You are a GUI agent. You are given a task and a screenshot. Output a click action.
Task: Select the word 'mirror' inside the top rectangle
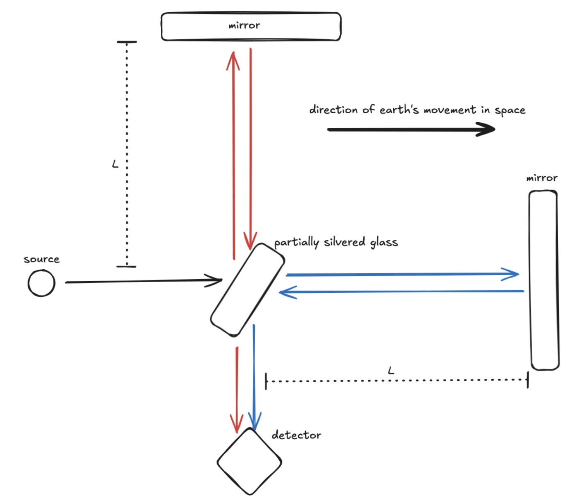click(x=244, y=25)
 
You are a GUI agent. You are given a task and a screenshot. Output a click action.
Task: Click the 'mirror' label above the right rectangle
click(x=542, y=178)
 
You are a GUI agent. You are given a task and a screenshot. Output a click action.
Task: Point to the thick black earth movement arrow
click(x=411, y=130)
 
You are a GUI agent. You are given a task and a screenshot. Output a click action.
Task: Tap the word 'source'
click(x=42, y=259)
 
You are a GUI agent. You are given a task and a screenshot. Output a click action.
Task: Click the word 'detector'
click(x=296, y=435)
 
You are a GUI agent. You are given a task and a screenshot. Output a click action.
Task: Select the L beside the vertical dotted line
click(x=115, y=164)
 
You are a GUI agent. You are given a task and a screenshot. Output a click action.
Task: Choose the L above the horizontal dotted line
click(x=391, y=371)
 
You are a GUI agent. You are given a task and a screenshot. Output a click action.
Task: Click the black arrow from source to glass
click(x=144, y=281)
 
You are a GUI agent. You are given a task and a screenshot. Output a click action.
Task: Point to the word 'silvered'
click(x=344, y=241)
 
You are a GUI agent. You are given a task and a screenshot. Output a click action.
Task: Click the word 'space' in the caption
click(x=510, y=110)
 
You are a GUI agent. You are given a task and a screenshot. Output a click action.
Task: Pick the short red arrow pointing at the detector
click(x=237, y=390)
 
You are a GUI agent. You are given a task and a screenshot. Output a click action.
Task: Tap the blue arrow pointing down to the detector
click(x=254, y=377)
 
